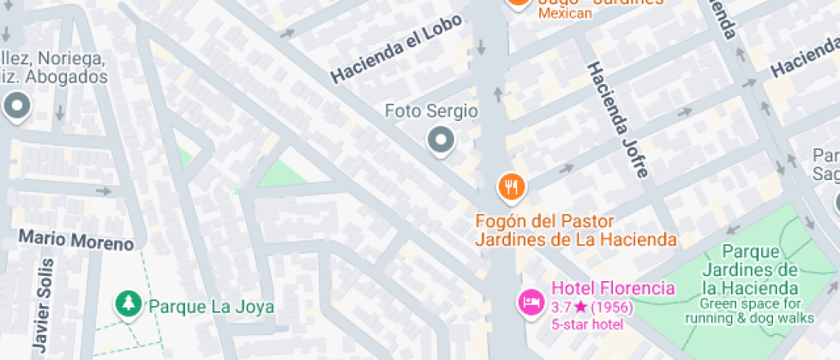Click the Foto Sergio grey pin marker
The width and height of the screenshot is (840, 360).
coord(441,140)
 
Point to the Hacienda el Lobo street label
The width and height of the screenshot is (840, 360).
coord(396,50)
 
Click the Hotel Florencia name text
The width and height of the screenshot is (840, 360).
coord(612,288)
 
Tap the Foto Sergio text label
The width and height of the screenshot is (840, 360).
coord(430,111)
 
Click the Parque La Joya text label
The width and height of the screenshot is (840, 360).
coord(211,306)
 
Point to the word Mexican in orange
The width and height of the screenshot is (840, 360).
coord(565,13)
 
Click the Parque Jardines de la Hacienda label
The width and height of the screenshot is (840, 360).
coord(750,270)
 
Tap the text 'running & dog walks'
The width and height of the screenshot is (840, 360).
coord(748,318)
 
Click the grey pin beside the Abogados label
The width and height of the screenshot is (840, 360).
coord(16,108)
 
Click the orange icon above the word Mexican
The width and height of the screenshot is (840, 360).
coord(518,3)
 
